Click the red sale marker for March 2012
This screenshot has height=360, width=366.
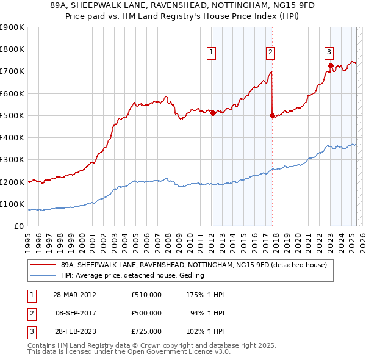click(x=213, y=113)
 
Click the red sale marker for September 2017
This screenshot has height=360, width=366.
click(x=271, y=115)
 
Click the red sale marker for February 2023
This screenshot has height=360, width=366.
click(x=330, y=65)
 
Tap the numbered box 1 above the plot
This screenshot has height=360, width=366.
click(x=211, y=52)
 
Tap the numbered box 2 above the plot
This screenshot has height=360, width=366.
click(x=270, y=52)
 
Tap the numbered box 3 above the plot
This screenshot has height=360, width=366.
click(x=329, y=52)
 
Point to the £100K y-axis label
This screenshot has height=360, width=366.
click(x=12, y=204)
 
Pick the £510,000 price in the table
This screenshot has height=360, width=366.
click(x=146, y=295)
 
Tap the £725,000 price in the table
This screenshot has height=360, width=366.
click(x=146, y=331)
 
